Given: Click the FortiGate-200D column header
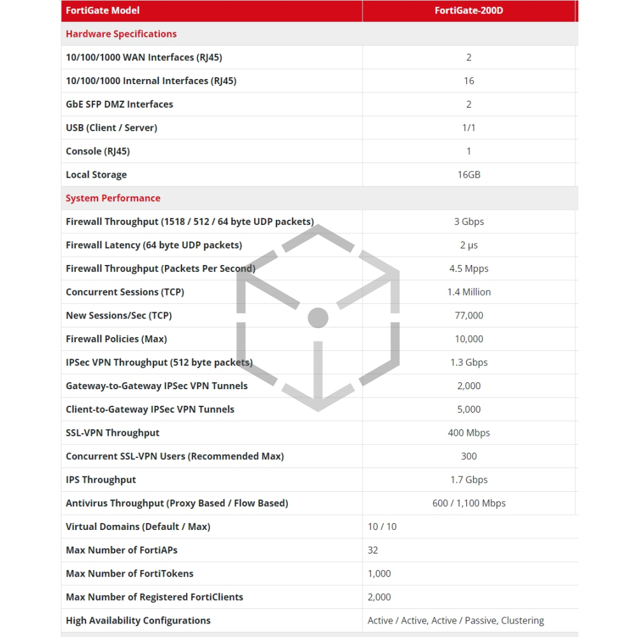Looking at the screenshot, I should pos(469,10).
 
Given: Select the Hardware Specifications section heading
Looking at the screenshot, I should pos(121,34).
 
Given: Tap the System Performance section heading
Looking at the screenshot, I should pos(113,198).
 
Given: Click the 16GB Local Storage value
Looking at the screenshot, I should pos(469,175).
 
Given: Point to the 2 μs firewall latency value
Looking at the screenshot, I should pos(469,245).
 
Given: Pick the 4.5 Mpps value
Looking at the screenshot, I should pos(469,269).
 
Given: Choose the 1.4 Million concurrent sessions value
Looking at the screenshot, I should pos(469,292).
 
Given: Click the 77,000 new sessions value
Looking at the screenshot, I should pos(469,315).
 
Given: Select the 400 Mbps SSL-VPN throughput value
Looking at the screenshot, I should pos(469,433).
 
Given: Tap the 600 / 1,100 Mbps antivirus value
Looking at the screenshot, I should pos(469,503).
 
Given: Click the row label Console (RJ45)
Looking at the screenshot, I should pos(97,151).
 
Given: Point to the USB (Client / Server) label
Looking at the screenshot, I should pos(111,127).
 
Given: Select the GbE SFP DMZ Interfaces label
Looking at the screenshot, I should pos(119,104).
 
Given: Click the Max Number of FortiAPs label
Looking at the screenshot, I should pos(122,550).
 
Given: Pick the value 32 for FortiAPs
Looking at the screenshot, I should pos(373,550).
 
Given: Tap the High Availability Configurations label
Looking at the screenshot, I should pos(138,620).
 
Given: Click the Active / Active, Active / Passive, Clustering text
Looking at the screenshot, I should pos(455,620).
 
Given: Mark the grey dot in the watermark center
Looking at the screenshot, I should pos(318,317).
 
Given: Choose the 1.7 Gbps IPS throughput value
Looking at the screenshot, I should pos(469,480).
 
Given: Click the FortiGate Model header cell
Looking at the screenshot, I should pos(103,10).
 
